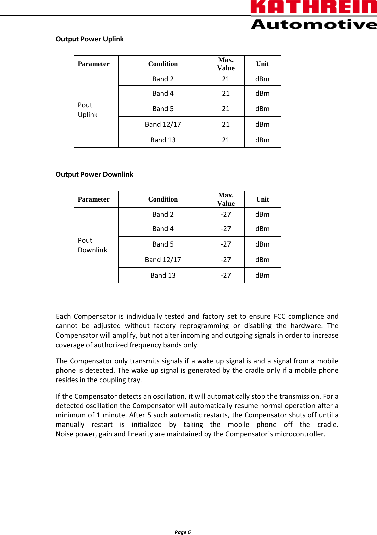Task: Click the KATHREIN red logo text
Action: tap(313, 7)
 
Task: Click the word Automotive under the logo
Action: tap(313, 24)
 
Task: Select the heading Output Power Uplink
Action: tap(90, 39)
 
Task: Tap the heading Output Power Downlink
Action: tap(94, 174)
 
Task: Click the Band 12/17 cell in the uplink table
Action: tap(163, 124)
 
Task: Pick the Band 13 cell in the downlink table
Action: tap(163, 275)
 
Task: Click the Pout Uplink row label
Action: tap(88, 110)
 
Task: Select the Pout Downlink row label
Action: tap(92, 245)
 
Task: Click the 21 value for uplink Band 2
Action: tap(226, 79)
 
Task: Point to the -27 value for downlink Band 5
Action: tap(226, 244)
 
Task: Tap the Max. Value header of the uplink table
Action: tap(226, 64)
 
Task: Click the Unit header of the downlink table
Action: tap(262, 199)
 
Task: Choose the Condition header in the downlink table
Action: tap(163, 199)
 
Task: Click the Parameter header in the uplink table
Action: tap(93, 64)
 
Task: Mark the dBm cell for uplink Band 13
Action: tap(262, 140)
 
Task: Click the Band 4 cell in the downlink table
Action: tap(163, 229)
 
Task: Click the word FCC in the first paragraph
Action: tap(279, 316)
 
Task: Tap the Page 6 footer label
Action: tap(182, 532)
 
